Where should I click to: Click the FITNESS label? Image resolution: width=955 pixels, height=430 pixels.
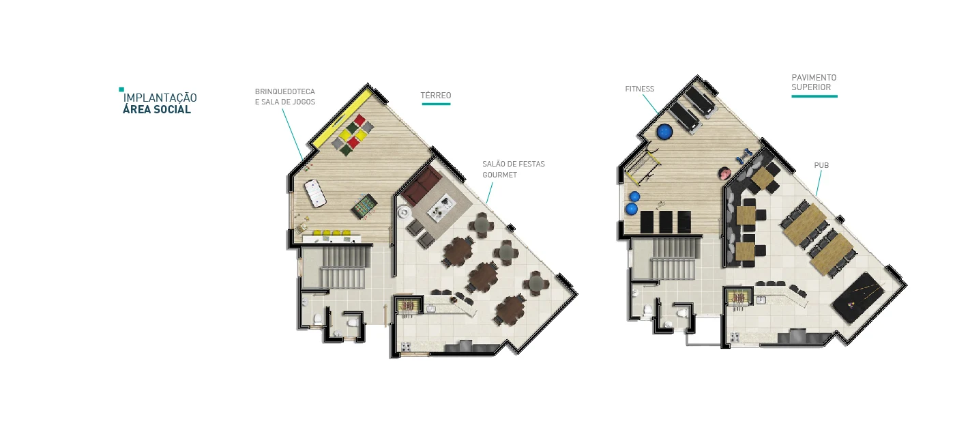tap(640, 89)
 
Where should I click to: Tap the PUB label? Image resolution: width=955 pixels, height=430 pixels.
tap(821, 165)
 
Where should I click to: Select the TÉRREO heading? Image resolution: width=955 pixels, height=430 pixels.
tap(436, 95)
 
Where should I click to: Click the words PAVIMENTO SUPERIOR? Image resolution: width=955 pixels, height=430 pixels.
tap(814, 83)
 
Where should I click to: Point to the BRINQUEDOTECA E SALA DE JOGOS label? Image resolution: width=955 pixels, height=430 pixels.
tap(285, 96)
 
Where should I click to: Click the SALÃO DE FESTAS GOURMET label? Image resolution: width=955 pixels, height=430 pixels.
tap(513, 169)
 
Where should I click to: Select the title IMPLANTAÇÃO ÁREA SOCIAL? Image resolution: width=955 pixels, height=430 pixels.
tap(160, 103)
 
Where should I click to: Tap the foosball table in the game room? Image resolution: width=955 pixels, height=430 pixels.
tap(364, 206)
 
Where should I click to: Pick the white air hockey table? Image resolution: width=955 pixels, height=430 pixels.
tap(315, 193)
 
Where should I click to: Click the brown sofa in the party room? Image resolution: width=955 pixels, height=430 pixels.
tap(422, 186)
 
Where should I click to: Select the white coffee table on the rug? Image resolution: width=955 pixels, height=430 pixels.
tap(442, 207)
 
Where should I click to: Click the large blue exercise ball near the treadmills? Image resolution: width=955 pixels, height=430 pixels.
tap(664, 131)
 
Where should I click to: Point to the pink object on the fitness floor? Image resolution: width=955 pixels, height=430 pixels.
tap(724, 173)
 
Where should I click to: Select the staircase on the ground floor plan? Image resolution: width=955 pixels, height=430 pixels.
tap(344, 268)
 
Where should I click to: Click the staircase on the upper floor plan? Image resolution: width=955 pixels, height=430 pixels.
tap(674, 259)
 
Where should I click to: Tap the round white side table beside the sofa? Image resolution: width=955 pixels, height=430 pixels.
tap(403, 212)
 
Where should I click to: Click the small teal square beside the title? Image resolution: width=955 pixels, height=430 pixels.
tap(121, 89)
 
